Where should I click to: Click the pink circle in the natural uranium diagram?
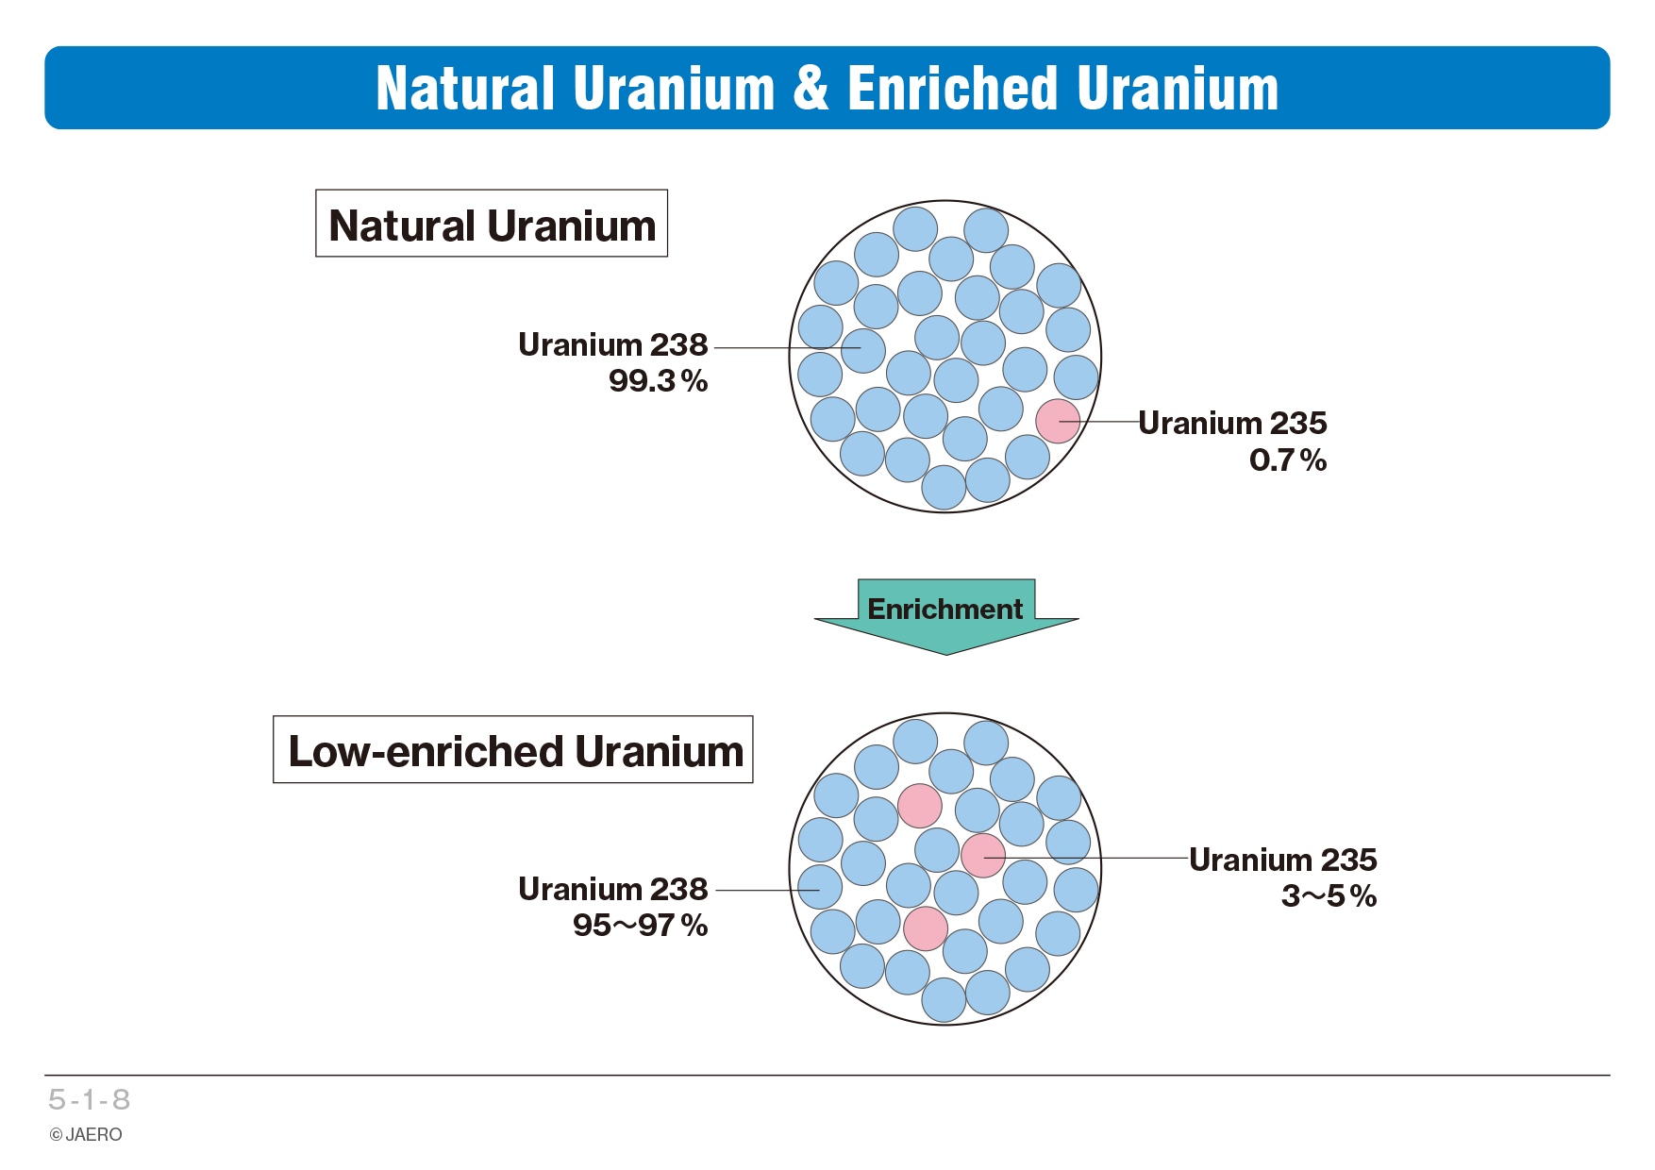click(1058, 421)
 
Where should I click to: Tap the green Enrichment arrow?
click(945, 617)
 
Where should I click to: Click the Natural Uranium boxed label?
click(492, 224)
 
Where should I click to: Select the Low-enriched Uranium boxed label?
click(513, 749)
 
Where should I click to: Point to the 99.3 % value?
click(658, 381)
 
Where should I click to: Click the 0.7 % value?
click(1288, 460)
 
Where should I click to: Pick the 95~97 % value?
click(641, 926)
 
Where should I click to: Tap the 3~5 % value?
click(1329, 896)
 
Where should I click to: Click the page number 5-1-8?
click(90, 1099)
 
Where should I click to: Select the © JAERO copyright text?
click(86, 1135)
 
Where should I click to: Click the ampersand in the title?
click(811, 88)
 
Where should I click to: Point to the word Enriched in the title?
click(953, 88)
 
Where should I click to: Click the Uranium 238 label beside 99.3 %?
click(613, 345)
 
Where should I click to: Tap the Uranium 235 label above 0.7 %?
click(1232, 424)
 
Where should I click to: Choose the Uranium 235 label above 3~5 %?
click(1283, 861)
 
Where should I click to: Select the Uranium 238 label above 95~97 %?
click(613, 890)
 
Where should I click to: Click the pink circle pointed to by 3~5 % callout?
click(983, 855)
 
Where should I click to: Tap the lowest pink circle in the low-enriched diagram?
click(926, 928)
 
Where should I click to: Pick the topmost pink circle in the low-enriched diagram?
click(920, 806)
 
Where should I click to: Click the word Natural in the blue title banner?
click(465, 88)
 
